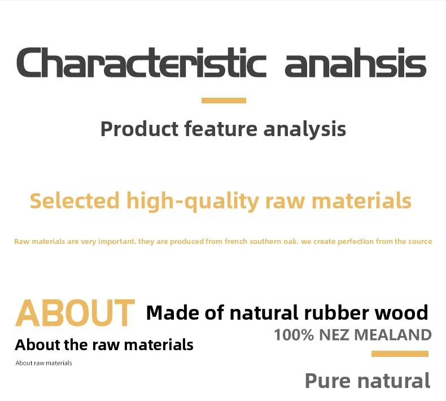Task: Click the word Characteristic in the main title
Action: pyautogui.click(x=142, y=62)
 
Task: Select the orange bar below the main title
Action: pyautogui.click(x=224, y=101)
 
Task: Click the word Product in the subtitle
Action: pyautogui.click(x=139, y=129)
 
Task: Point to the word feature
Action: pyautogui.click(x=221, y=129)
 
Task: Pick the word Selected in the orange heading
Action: pyautogui.click(x=75, y=201)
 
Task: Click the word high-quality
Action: pyautogui.click(x=193, y=202)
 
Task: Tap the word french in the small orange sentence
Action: pyautogui.click(x=236, y=241)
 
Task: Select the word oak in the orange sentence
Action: pyautogui.click(x=290, y=241)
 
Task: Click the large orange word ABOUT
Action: pyautogui.click(x=75, y=313)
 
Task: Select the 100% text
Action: pyautogui.click(x=294, y=335)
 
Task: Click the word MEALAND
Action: pyautogui.click(x=393, y=335)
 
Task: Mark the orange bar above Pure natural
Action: pyautogui.click(x=400, y=354)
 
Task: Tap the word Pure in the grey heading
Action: pyautogui.click(x=327, y=381)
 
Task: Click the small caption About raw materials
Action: pyautogui.click(x=44, y=363)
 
